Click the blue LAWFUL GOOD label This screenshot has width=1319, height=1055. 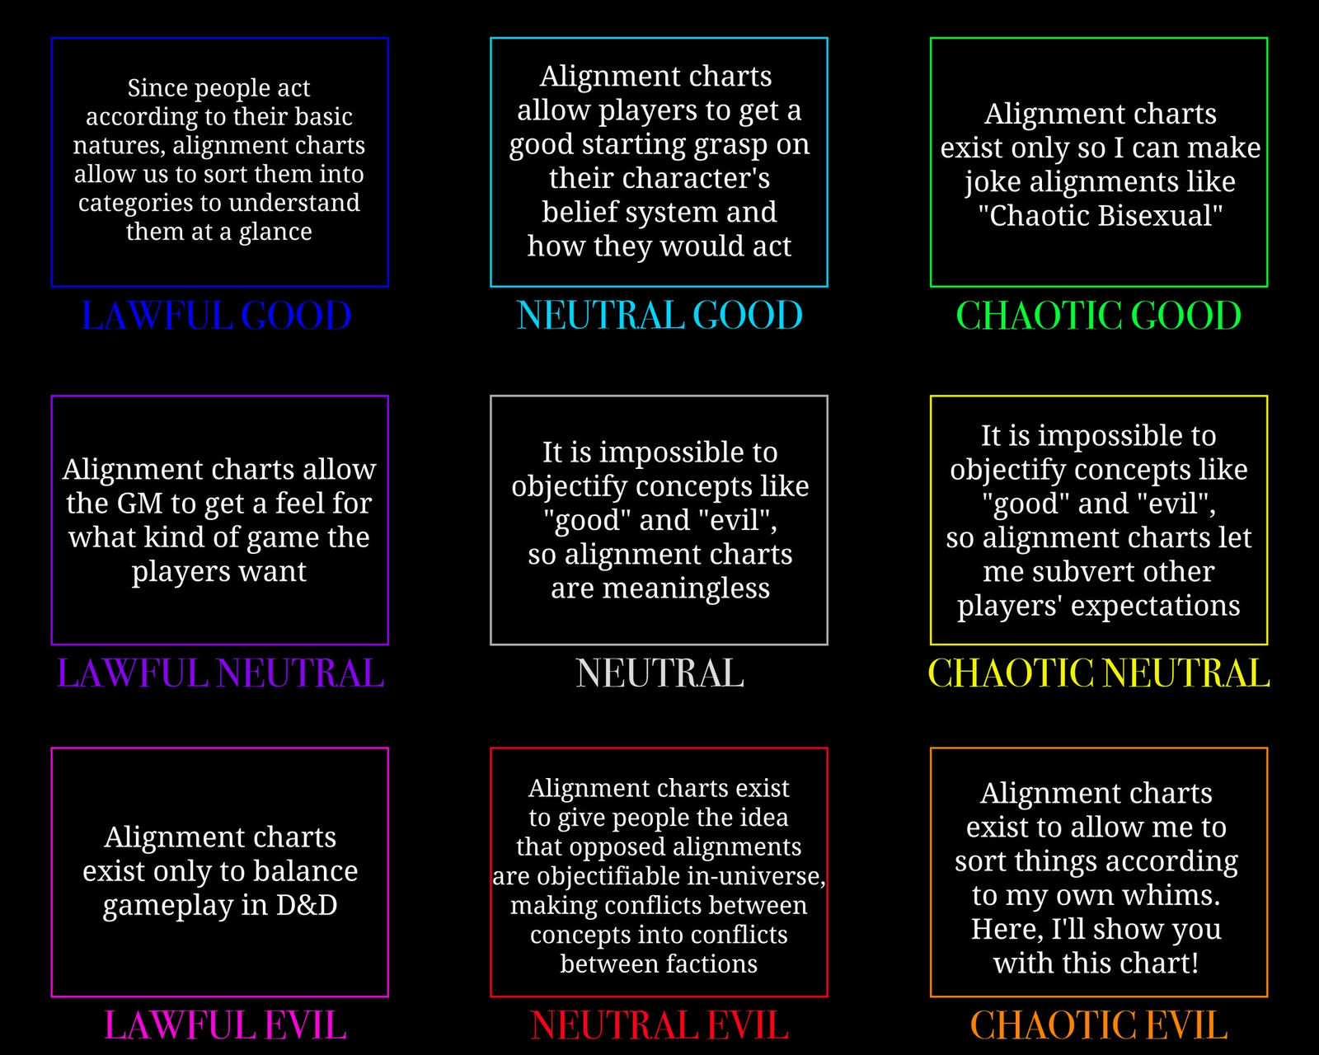pos(216,316)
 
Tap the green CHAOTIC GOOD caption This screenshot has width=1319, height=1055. pos(1098,316)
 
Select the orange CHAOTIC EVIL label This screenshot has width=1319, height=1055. pos(1098,1025)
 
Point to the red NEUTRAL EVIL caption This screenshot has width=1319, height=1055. pos(659,1025)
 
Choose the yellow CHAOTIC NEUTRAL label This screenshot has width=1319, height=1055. pos(1098,673)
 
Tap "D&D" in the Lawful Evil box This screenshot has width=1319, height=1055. pos(307,905)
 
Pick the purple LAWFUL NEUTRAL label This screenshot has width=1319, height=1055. pos(220,673)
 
